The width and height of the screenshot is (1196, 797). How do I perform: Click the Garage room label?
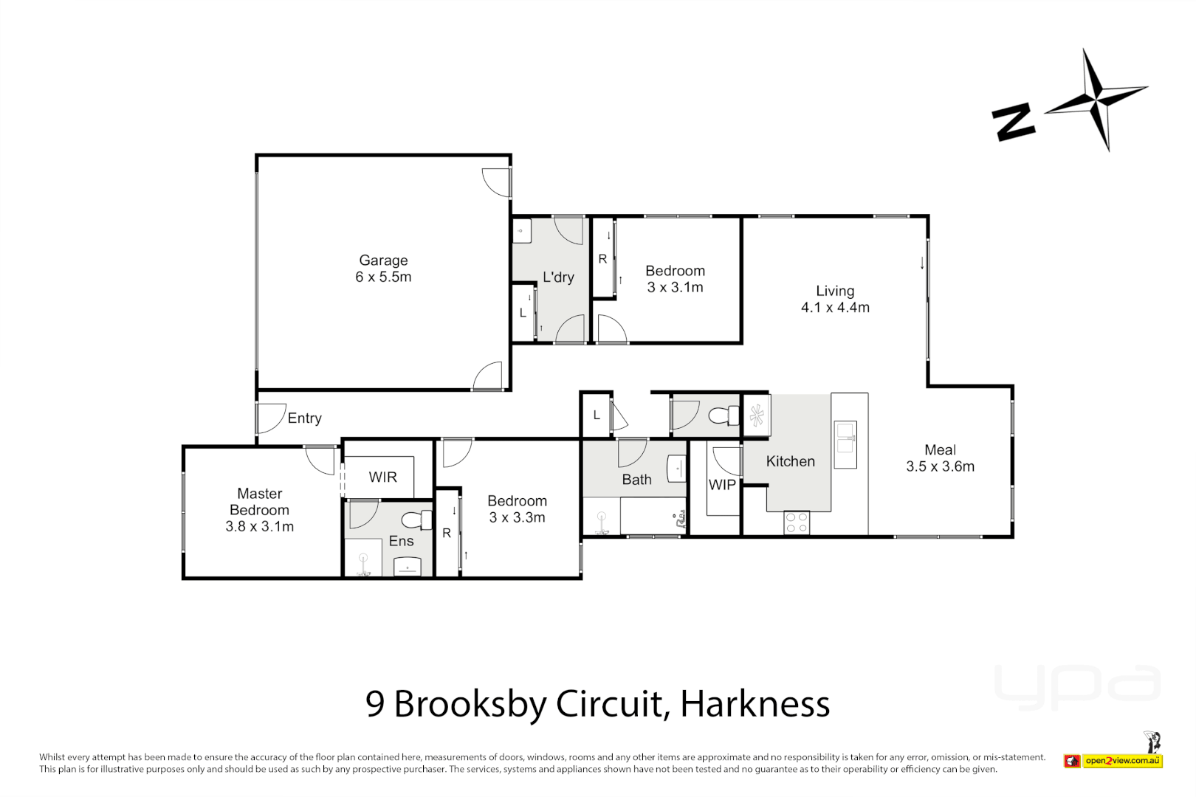[x=383, y=261]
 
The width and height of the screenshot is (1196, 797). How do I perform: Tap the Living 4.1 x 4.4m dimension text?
[x=835, y=308]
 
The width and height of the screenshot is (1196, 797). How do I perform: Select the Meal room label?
[x=940, y=449]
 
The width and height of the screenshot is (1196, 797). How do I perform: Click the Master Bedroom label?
[x=259, y=502]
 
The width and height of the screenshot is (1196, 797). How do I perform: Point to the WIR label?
[x=382, y=477]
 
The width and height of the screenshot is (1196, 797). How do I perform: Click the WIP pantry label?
[x=722, y=485]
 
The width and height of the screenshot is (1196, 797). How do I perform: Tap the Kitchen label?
[x=790, y=461]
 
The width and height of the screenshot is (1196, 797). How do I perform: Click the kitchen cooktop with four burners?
[x=797, y=522]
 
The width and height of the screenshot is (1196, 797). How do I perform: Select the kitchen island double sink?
[x=845, y=444]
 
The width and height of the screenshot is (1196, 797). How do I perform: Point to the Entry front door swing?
[x=270, y=418]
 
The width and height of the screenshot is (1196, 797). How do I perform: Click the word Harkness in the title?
[x=755, y=704]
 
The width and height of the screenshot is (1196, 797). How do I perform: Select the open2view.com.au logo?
[x=1121, y=761]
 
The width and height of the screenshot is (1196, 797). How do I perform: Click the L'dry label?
[x=558, y=277]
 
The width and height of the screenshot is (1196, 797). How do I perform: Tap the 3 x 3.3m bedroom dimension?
[x=517, y=518]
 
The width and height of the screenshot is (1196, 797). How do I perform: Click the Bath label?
[x=636, y=480]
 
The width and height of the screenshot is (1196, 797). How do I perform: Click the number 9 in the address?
[x=375, y=705]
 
